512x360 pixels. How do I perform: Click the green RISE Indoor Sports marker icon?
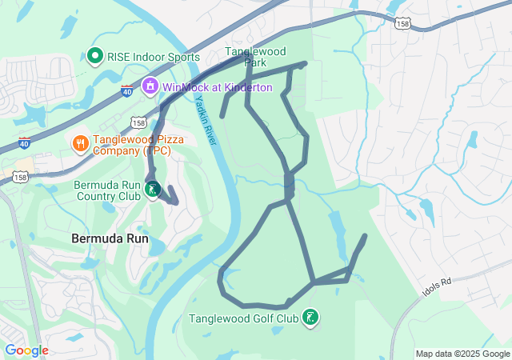pyautogui.click(x=95, y=56)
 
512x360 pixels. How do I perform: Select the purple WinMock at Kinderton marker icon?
pyautogui.click(x=150, y=86)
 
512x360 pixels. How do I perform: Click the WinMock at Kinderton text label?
pyautogui.click(x=217, y=86)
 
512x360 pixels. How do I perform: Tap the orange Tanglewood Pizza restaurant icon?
pyautogui.click(x=80, y=143)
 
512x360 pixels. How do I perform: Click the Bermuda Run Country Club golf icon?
pyautogui.click(x=153, y=190)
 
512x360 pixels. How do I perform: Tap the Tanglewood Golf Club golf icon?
pyautogui.click(x=310, y=318)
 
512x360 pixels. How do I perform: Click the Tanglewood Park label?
pyautogui.click(x=255, y=56)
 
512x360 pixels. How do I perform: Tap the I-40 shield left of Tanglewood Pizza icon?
pyautogui.click(x=25, y=143)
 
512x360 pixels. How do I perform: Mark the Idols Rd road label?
pyautogui.click(x=436, y=288)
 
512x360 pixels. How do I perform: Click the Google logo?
pyautogui.click(x=26, y=350)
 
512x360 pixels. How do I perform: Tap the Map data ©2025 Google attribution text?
pyautogui.click(x=462, y=354)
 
